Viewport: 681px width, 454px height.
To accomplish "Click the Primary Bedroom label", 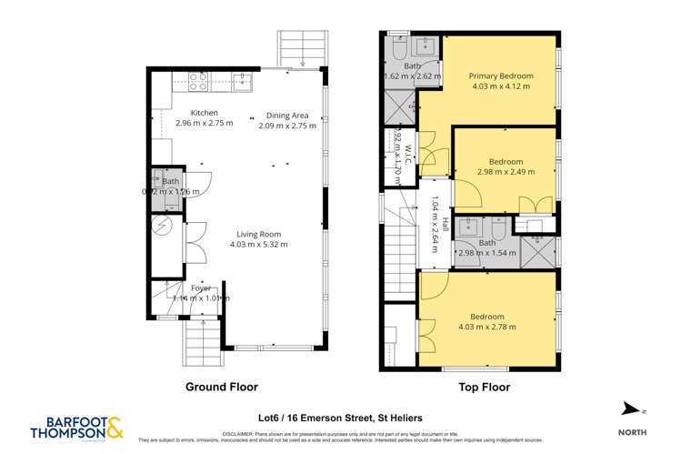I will coord(500,76).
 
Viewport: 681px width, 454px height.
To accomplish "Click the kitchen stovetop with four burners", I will coord(197,76).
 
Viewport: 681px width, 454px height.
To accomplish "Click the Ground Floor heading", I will coord(221,387).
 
